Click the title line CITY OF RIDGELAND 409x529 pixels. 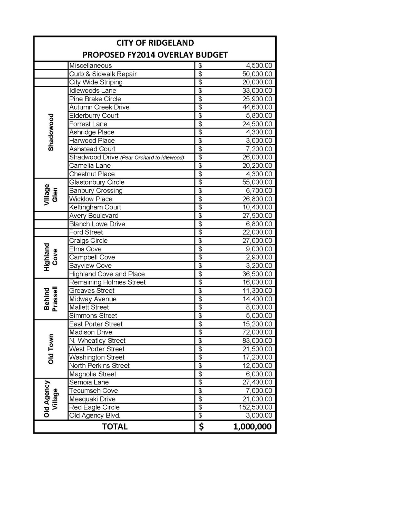click(x=155, y=43)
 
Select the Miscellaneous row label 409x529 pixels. click(x=91, y=65)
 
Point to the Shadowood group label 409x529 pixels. click(x=51, y=132)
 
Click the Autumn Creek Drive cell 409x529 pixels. click(x=99, y=107)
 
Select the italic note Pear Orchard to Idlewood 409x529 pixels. click(x=152, y=157)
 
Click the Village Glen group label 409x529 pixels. click(x=51, y=195)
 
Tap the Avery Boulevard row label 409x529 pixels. click(x=94, y=216)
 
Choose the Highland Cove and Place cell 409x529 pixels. click(x=107, y=274)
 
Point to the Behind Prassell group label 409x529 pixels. click(x=51, y=299)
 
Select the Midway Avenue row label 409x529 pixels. click(x=93, y=299)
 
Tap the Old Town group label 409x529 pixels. click(x=51, y=349)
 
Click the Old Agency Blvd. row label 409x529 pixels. click(x=95, y=415)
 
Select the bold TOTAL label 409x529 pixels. click(x=115, y=426)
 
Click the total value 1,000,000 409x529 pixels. click(x=252, y=427)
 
